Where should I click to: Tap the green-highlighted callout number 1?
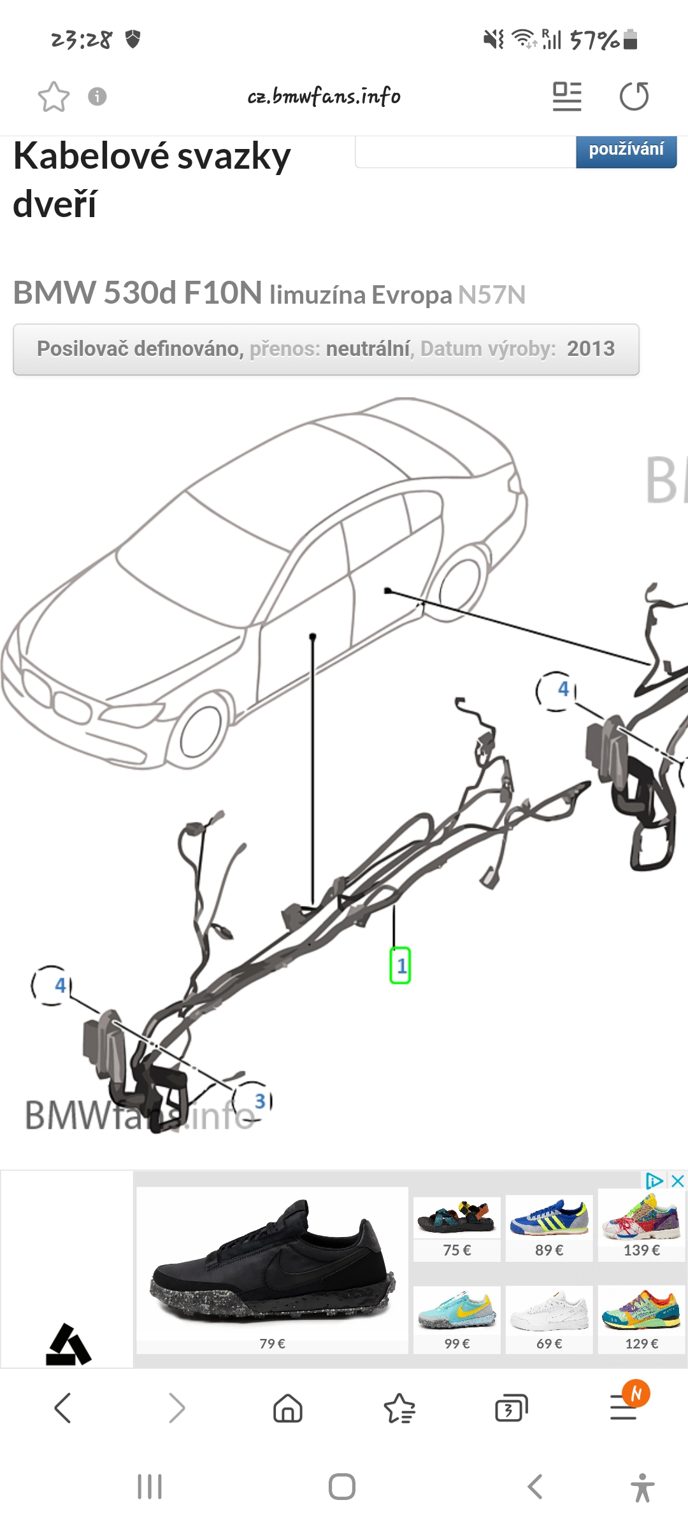(x=400, y=965)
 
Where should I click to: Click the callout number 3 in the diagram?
(x=260, y=1101)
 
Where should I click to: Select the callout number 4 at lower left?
(x=60, y=986)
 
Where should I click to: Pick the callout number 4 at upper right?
(x=563, y=689)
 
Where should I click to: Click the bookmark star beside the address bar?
(x=54, y=97)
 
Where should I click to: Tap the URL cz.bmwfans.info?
(x=324, y=96)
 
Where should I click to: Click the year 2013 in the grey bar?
(x=591, y=348)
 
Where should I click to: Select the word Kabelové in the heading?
(x=91, y=157)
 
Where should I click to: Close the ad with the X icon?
(x=678, y=1181)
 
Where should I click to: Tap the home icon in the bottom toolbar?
(x=288, y=1408)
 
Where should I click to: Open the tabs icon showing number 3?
(x=512, y=1408)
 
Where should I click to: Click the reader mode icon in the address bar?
(x=567, y=97)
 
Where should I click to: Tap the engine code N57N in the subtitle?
(x=492, y=295)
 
